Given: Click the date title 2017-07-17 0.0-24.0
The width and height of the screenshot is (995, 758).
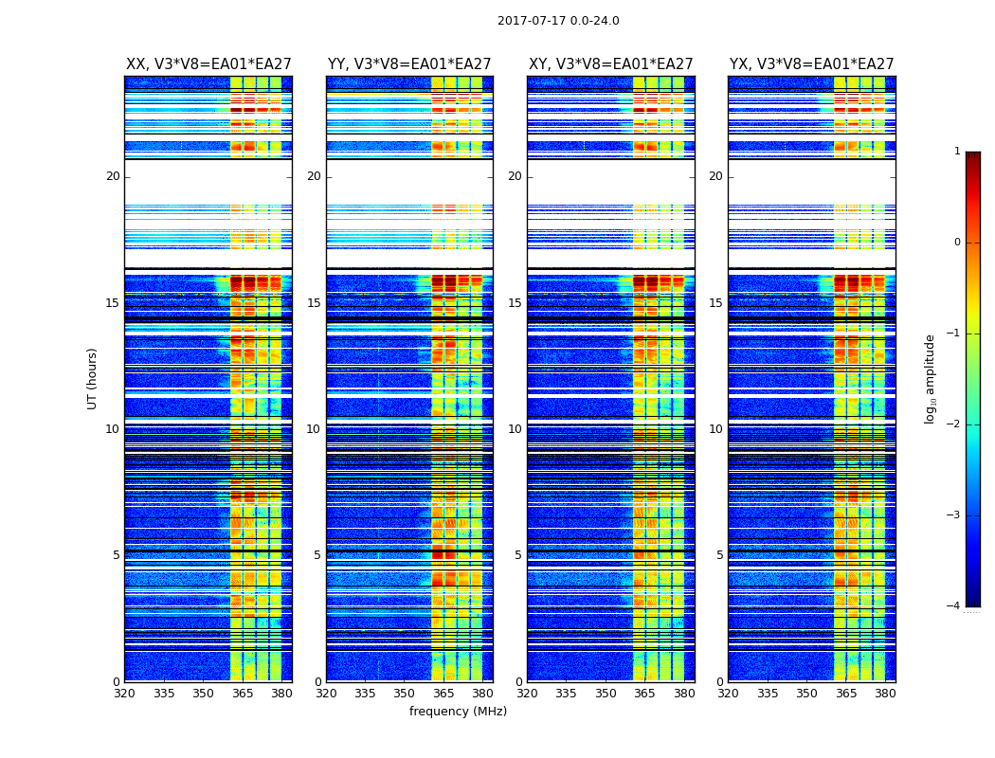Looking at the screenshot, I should pos(558,21).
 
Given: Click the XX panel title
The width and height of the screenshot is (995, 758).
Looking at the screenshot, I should pos(208,64).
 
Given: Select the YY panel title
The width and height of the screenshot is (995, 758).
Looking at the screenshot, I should pos(409,64).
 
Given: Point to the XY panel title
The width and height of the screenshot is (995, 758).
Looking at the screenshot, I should pos(610,64).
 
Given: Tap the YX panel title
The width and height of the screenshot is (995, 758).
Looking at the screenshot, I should pos(811,64).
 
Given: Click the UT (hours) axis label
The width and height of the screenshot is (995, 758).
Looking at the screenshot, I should pos(92,378).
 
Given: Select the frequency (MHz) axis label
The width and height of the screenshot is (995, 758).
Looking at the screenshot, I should pos(458,712).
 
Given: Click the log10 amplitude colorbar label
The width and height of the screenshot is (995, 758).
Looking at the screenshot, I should pos(931,378).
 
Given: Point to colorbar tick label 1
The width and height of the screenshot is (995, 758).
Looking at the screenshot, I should pos(957,152).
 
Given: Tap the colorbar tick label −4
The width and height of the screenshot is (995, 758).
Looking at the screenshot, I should pos(954,606).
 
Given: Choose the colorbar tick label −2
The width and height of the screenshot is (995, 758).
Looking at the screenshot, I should pos(954,424).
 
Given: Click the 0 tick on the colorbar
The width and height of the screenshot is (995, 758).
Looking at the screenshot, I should pos(957,243).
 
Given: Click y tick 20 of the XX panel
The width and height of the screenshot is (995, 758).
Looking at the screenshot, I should pos(113,176).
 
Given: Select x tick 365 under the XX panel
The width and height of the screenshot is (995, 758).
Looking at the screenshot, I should pos(243,694).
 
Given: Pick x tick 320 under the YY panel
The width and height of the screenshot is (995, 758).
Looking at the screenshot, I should pos(326,694).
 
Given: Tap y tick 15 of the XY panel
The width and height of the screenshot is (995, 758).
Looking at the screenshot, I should pos(515,303).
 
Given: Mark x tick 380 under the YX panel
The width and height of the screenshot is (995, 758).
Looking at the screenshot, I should pos(885,694).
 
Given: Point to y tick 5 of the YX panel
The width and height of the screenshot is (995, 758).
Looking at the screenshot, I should pos(719,555).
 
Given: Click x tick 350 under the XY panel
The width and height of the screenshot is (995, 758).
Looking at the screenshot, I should pos(606,694).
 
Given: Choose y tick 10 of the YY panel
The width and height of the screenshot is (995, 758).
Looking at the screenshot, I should pos(314,429).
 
